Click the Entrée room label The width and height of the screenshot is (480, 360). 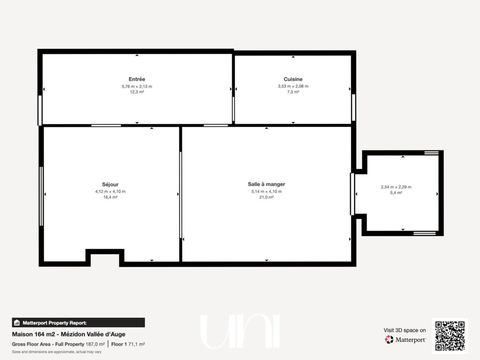[x=137, y=79]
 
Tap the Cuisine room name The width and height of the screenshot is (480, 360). [x=293, y=79]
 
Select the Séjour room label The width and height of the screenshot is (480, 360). [x=110, y=184]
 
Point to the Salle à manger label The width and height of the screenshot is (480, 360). [x=266, y=184]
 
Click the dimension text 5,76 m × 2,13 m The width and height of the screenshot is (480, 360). [x=137, y=86]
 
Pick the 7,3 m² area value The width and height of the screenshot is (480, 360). [x=293, y=92]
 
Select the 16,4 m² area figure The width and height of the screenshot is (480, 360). [x=110, y=197]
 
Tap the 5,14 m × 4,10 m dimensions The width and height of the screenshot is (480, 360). [x=266, y=192]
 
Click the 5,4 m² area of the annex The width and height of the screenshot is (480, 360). [x=396, y=192]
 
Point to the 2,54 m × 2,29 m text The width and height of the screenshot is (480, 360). [x=396, y=187]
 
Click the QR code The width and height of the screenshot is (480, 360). [x=450, y=336]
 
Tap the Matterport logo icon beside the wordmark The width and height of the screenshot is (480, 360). [x=389, y=340]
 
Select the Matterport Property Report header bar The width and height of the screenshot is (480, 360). [x=78, y=323]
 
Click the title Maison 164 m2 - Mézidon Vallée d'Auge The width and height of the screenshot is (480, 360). [x=69, y=334]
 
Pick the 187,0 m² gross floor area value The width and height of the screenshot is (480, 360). [x=95, y=344]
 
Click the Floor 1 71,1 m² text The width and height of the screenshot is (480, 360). [x=128, y=344]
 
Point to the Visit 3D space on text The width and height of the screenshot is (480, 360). [x=404, y=330]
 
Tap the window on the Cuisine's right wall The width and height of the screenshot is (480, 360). [x=354, y=107]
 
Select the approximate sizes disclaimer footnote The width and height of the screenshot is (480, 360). [x=57, y=352]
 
